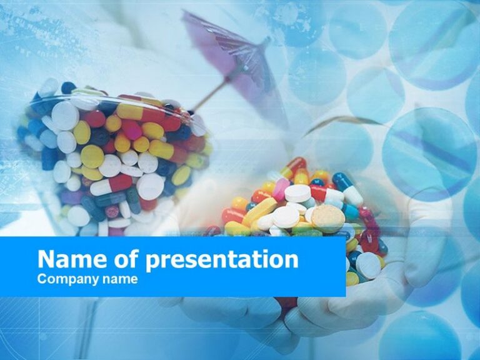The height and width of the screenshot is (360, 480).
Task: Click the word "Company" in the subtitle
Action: coord(64,279)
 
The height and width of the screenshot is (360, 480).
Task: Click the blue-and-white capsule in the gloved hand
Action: coord(347,189)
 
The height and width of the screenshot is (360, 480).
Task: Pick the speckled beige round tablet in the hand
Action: coord(327,218)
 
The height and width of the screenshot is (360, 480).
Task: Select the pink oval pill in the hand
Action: coord(281,189)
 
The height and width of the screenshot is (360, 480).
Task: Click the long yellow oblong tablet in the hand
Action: coord(259,211)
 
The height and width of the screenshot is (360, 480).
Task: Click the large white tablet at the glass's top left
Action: coord(65,115)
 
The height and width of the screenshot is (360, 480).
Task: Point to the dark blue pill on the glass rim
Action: coord(67,88)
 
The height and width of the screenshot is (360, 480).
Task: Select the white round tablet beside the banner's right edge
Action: coord(368,266)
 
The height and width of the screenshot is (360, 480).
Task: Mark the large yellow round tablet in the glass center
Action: coord(92,156)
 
